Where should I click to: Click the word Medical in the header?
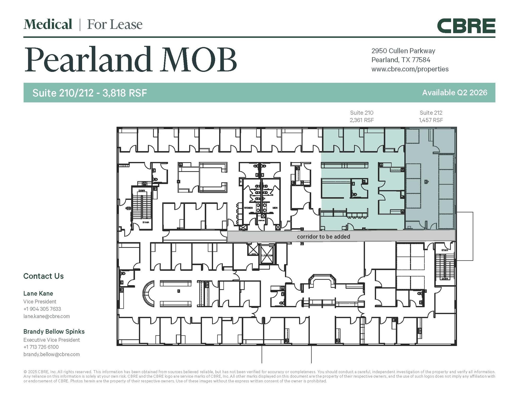(48, 24)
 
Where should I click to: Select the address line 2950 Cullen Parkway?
(403, 51)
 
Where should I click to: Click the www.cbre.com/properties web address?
(410, 69)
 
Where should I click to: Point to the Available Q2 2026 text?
(454, 92)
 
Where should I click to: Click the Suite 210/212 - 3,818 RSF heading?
(89, 93)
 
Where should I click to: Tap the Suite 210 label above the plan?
(361, 112)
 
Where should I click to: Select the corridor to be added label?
(323, 236)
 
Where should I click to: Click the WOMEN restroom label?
(248, 208)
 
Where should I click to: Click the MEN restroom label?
(275, 208)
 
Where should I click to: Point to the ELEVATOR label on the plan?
(267, 255)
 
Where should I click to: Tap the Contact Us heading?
(43, 276)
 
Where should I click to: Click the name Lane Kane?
(38, 293)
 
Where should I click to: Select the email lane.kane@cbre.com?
(46, 316)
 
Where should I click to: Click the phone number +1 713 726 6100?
(41, 347)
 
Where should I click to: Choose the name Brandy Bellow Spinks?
(54, 331)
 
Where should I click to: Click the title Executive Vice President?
(51, 340)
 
